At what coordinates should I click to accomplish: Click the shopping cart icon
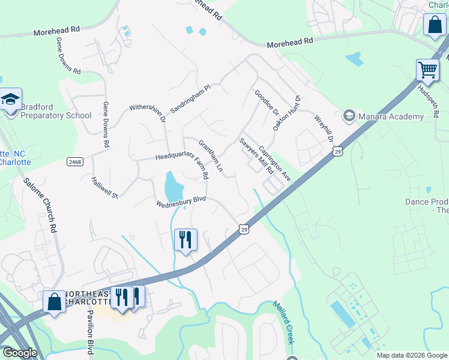427,70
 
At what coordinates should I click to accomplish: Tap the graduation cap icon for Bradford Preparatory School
10,99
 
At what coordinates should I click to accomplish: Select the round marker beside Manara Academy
349,115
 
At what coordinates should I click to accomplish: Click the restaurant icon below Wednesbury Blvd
185,240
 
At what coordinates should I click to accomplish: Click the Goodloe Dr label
267,103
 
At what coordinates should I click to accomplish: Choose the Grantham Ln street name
211,155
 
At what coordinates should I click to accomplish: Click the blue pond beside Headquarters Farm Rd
172,187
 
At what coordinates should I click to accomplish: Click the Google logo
19,353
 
